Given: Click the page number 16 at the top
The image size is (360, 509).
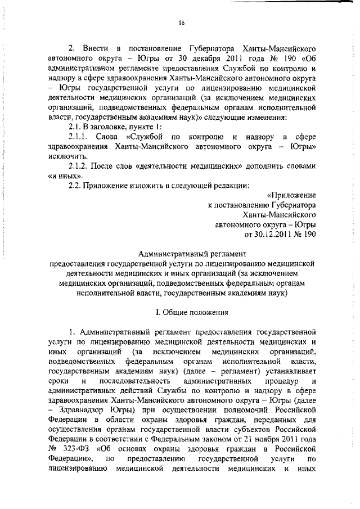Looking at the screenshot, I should pos(182,23).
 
